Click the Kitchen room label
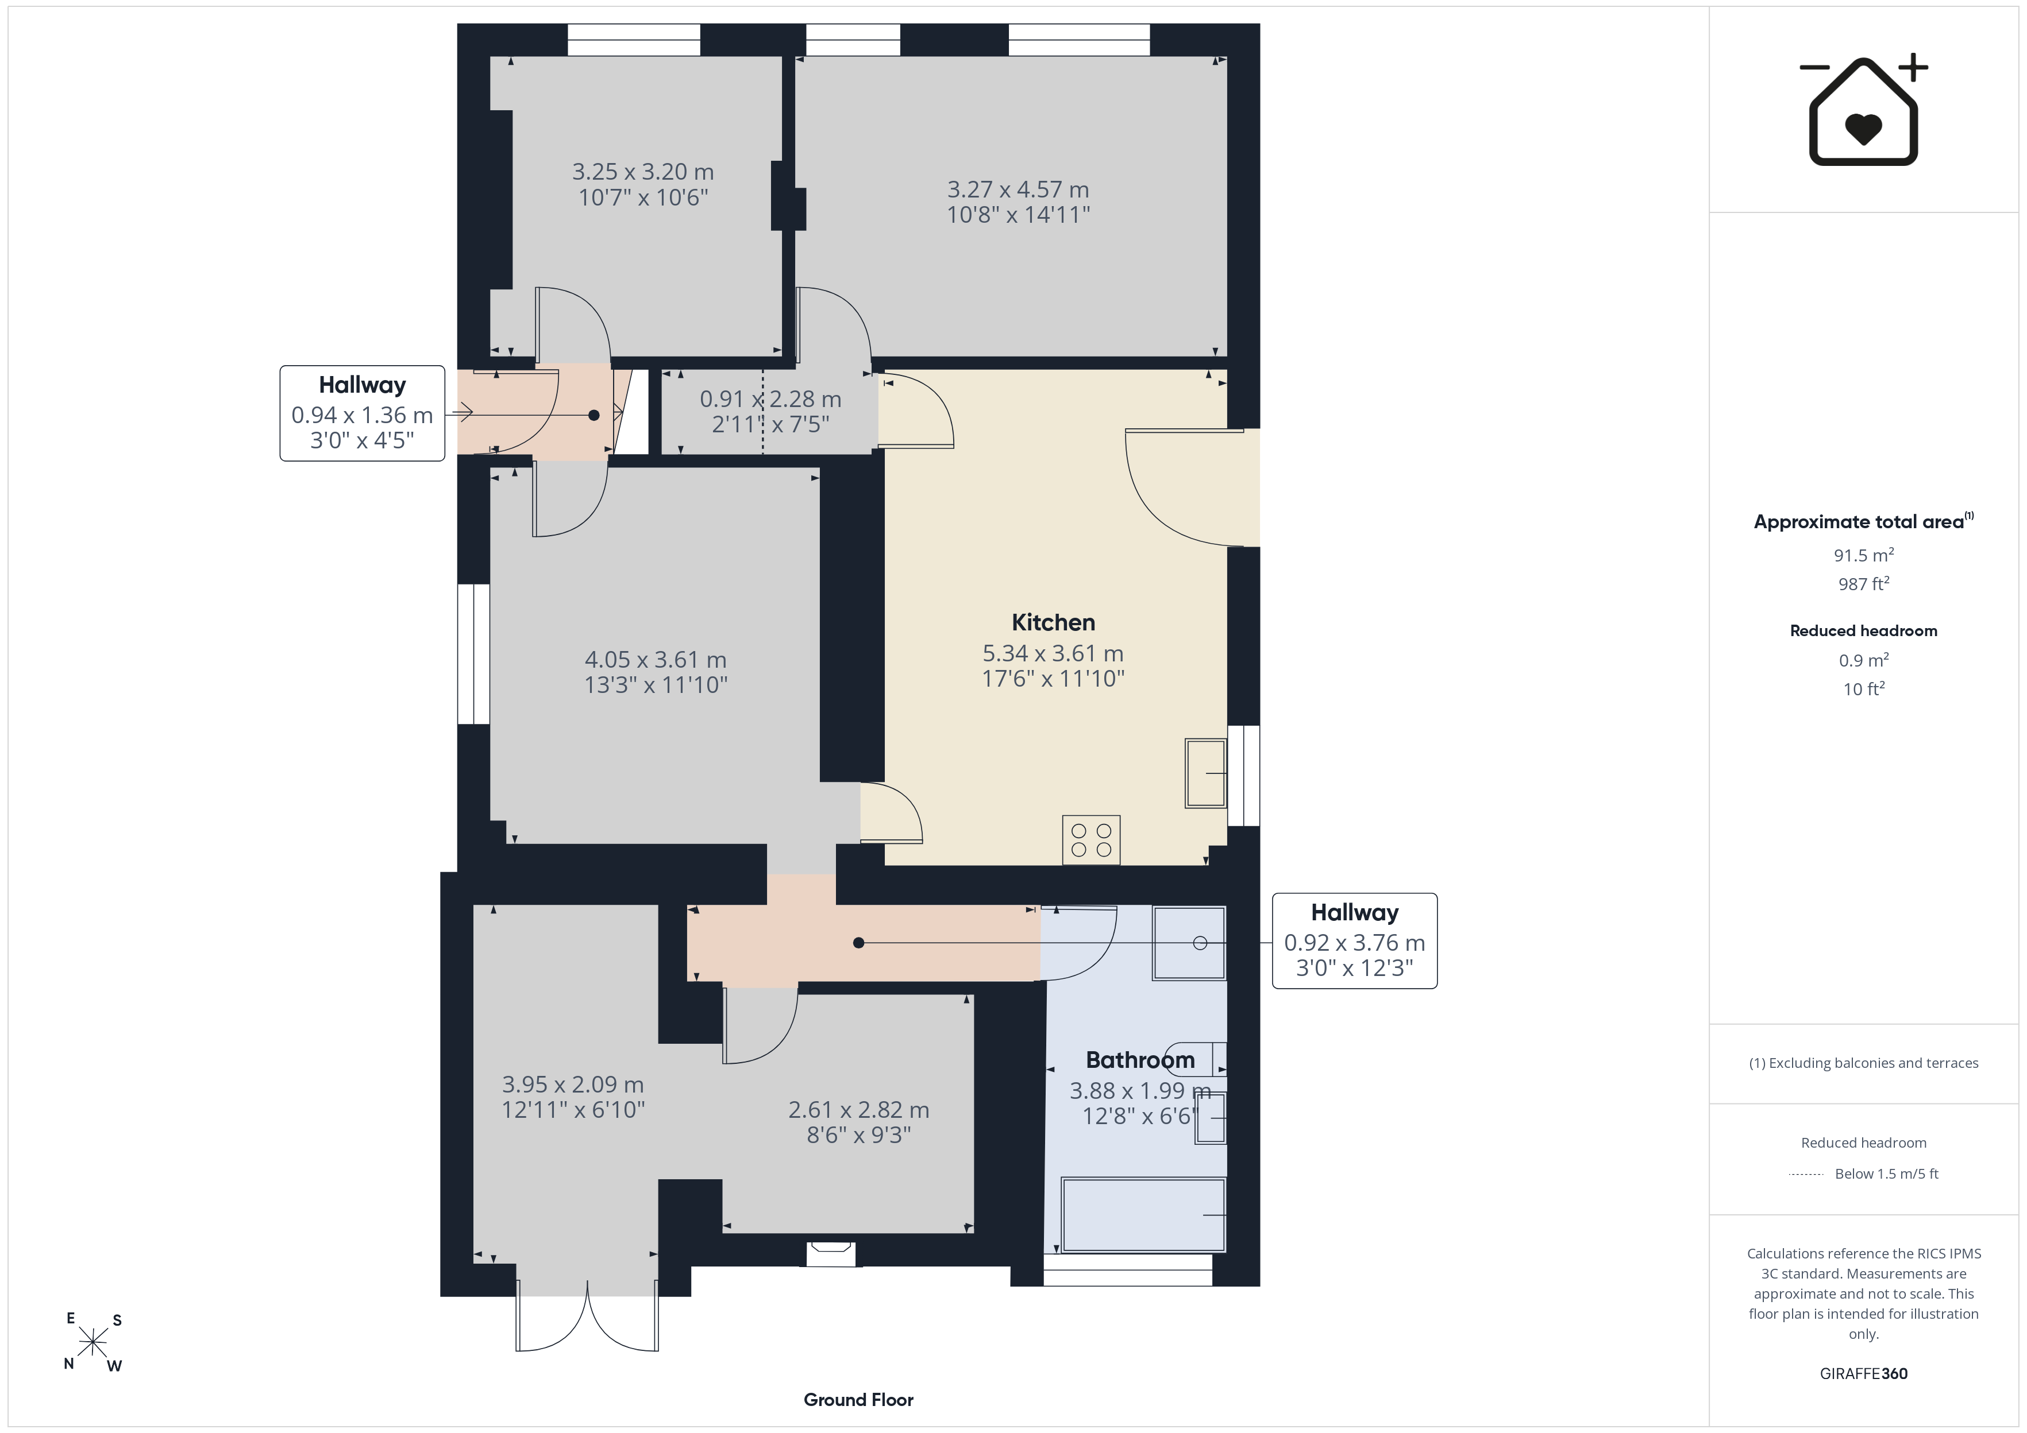(x=1053, y=623)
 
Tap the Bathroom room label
(x=1140, y=1060)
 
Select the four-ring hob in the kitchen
(x=1091, y=840)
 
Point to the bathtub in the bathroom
(x=1144, y=1215)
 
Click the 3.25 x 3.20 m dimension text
(x=643, y=172)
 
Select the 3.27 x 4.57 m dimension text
(x=1018, y=189)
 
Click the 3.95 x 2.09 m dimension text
(x=573, y=1085)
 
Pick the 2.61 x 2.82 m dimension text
(x=859, y=1110)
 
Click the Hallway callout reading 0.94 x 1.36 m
(x=362, y=413)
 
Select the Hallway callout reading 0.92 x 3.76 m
(x=1354, y=940)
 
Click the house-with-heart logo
(x=1863, y=110)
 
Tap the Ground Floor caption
(x=858, y=1400)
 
